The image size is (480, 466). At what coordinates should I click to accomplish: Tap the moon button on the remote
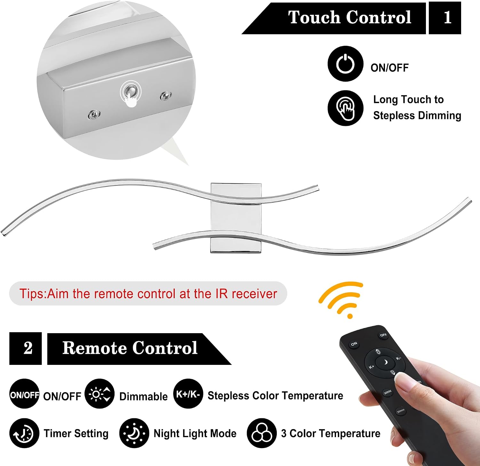click(385, 362)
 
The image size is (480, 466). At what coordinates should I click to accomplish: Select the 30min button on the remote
click(401, 410)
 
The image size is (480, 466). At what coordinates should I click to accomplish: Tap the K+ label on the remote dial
click(372, 367)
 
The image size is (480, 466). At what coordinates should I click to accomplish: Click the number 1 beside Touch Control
click(445, 18)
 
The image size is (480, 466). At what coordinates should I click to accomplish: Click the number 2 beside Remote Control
click(26, 348)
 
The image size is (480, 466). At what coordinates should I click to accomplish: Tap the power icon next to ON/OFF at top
click(345, 64)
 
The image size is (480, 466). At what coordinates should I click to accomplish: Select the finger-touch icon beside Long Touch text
click(345, 108)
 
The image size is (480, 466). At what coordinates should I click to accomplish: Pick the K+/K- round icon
click(188, 394)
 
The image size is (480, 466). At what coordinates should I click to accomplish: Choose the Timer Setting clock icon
click(24, 433)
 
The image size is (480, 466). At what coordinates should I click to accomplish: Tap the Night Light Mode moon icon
click(134, 433)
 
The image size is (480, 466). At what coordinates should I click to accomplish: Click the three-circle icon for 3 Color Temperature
click(261, 433)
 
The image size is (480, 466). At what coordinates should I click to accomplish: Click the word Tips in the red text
click(33, 294)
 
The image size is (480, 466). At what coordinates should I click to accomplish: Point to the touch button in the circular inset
click(130, 92)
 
